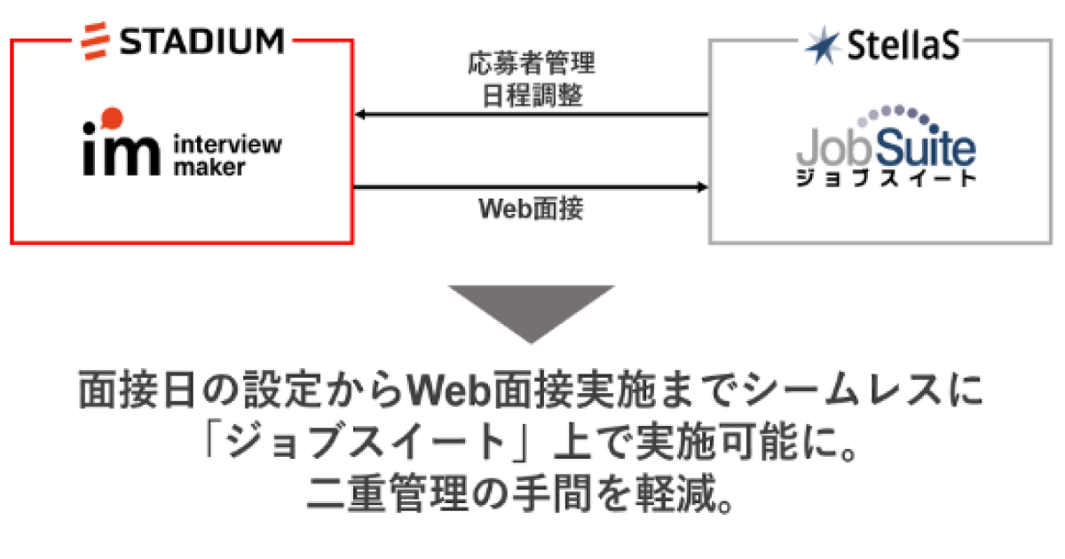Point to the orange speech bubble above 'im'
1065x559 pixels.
(x=110, y=116)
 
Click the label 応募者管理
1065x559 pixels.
(x=530, y=64)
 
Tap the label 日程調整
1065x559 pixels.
(x=530, y=94)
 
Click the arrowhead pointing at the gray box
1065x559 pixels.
(x=702, y=187)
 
